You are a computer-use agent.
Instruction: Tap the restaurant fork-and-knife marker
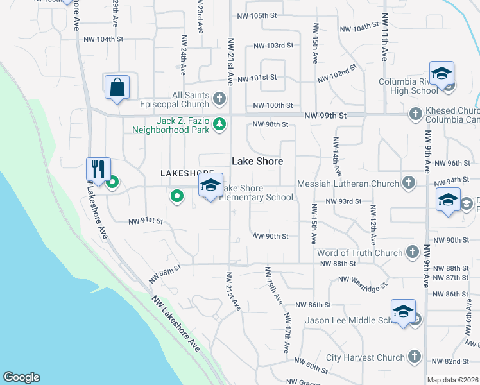(98, 169)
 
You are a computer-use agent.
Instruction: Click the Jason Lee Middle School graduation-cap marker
(402, 312)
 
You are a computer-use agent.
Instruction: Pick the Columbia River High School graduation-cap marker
(441, 74)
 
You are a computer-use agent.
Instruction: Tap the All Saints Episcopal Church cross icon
(220, 99)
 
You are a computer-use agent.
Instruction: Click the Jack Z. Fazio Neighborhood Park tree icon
(220, 124)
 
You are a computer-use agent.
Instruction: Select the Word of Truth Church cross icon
(412, 253)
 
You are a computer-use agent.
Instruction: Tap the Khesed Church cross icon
(415, 114)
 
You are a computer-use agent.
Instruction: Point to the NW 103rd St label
(273, 46)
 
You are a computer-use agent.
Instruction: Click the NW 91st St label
(146, 221)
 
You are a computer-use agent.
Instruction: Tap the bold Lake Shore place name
(257, 161)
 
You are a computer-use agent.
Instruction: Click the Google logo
(21, 377)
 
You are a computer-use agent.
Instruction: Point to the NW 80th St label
(313, 368)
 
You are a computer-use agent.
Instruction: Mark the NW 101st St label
(257, 78)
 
